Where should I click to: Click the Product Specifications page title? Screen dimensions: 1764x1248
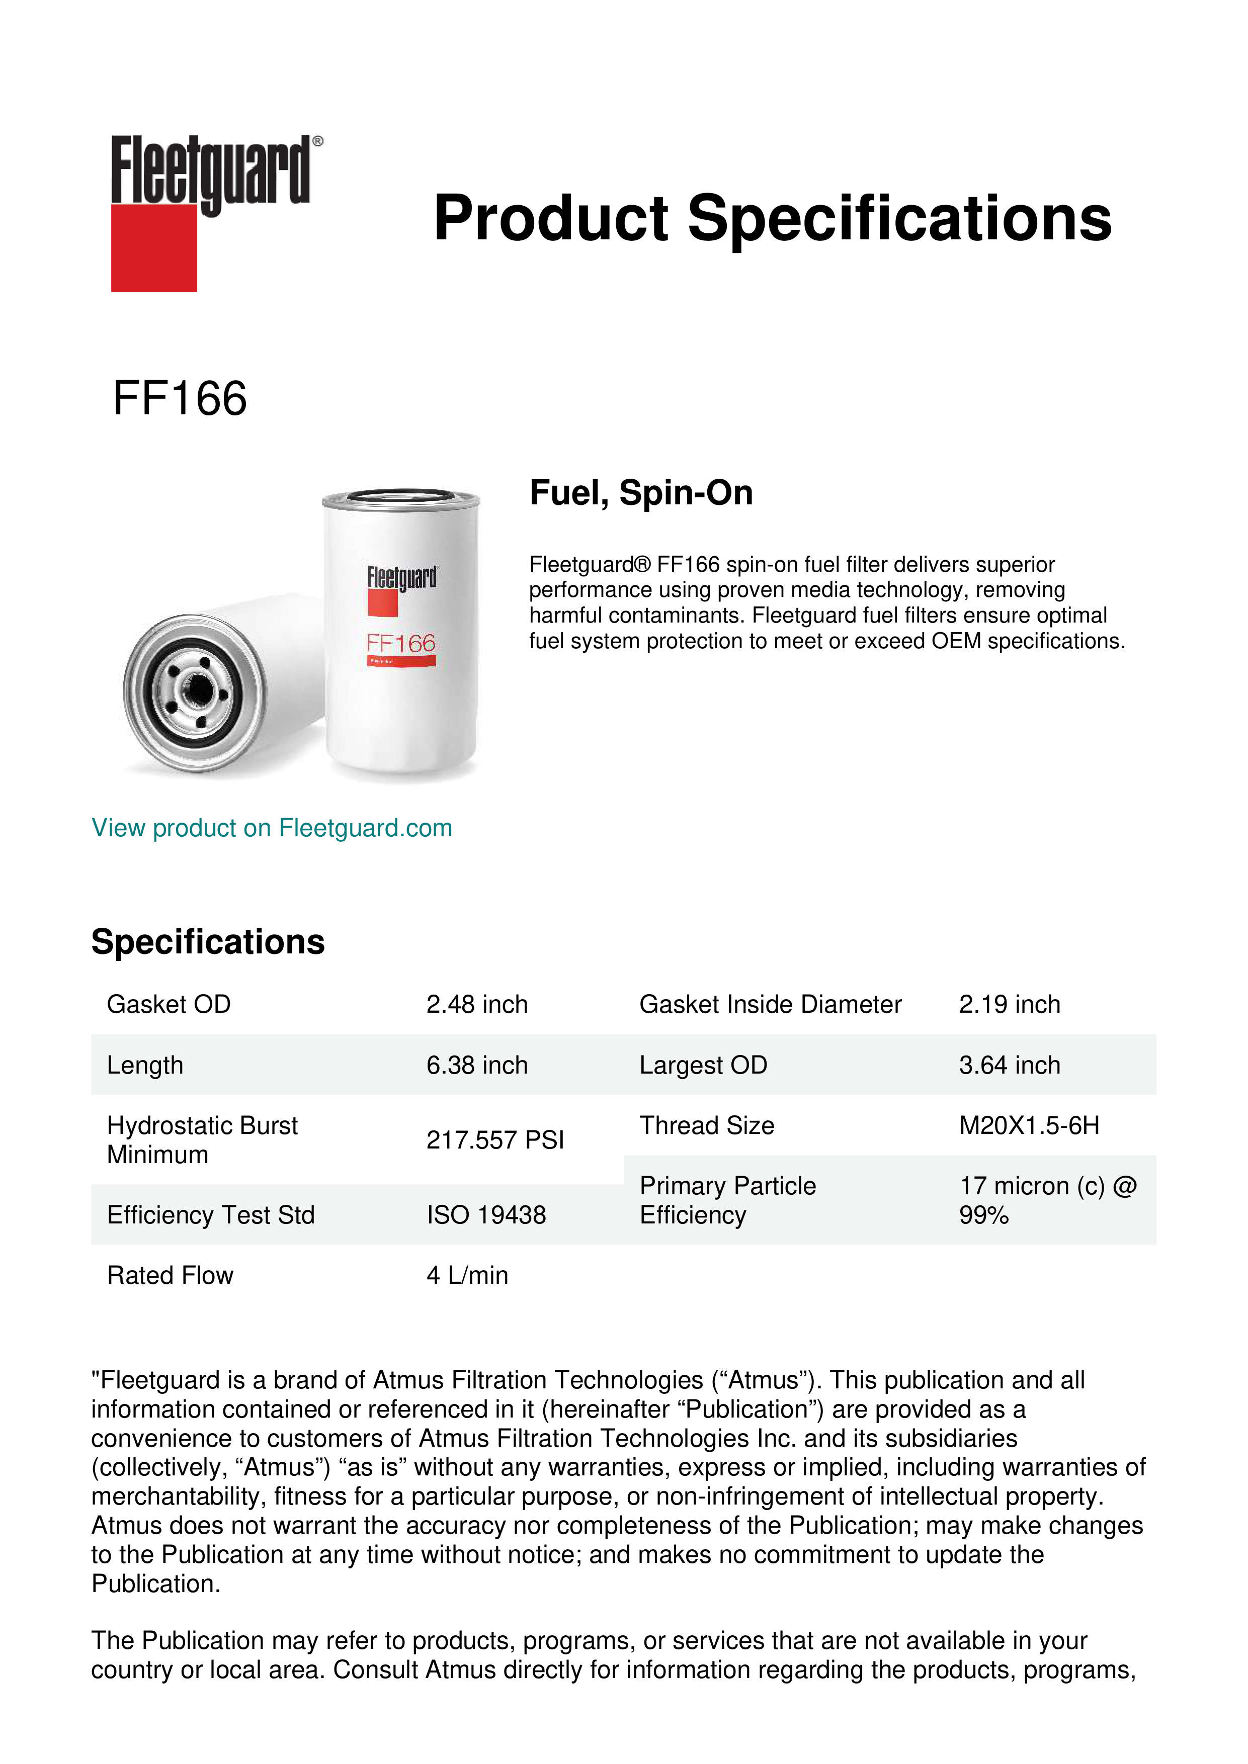tap(772, 218)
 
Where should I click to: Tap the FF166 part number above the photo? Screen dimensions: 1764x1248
tap(180, 399)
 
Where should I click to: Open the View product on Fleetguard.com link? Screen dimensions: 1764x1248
tap(271, 828)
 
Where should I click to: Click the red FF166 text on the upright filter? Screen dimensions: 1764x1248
tap(401, 643)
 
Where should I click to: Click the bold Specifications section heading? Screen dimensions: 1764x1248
tap(207, 942)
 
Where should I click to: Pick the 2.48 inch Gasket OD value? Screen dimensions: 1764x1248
tap(476, 1005)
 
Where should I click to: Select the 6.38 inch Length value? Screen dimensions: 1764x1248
tap(476, 1066)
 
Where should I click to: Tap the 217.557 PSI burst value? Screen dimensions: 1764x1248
tap(495, 1140)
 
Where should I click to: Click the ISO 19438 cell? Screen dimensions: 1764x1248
tap(486, 1215)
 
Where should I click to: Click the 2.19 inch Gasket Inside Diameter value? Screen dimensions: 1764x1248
tap(1009, 1005)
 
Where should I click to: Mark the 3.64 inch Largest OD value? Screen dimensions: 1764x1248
tap(1009, 1066)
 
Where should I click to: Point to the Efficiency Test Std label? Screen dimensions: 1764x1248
tap(211, 1215)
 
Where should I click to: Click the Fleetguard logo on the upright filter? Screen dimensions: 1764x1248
tap(401, 578)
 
